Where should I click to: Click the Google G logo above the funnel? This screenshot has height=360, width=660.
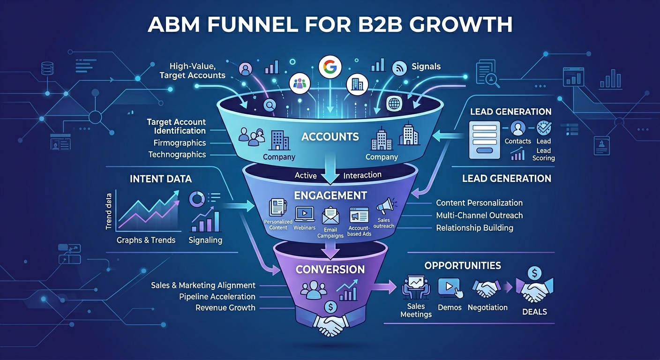click(330, 67)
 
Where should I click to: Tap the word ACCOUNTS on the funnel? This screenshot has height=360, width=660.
click(330, 137)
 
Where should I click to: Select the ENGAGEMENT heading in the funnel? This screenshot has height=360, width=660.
click(330, 195)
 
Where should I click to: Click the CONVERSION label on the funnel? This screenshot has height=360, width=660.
click(330, 269)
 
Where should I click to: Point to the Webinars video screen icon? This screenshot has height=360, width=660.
click(304, 214)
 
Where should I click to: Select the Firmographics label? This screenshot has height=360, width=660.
click(180, 143)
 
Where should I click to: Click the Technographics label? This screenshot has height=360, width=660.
click(177, 155)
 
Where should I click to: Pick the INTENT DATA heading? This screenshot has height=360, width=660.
click(161, 179)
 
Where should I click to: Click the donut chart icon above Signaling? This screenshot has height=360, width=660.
click(196, 199)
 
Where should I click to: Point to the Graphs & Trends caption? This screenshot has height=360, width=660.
click(146, 240)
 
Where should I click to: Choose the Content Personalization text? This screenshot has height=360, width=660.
click(479, 202)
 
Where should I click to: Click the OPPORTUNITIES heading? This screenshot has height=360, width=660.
click(463, 265)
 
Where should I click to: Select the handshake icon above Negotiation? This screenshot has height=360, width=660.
click(486, 288)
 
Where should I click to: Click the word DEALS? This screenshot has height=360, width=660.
click(534, 312)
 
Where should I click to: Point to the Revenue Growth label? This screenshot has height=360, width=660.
click(225, 308)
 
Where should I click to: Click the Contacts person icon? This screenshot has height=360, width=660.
click(517, 128)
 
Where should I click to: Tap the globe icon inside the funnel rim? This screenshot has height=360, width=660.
click(394, 104)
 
